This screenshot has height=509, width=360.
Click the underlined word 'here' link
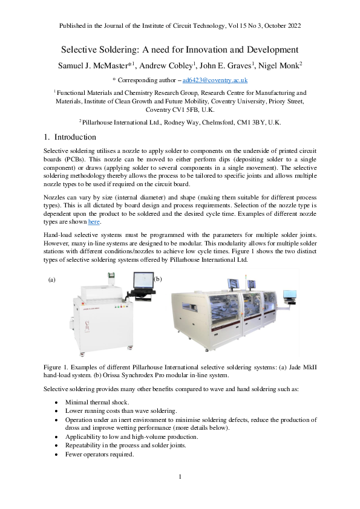pos(94,222)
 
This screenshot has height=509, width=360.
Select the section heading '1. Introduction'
pos(71,137)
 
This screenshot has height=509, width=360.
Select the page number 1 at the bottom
pos(180,478)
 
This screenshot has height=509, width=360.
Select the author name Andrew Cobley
pos(176,65)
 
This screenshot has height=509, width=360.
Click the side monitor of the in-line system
pos(290,296)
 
